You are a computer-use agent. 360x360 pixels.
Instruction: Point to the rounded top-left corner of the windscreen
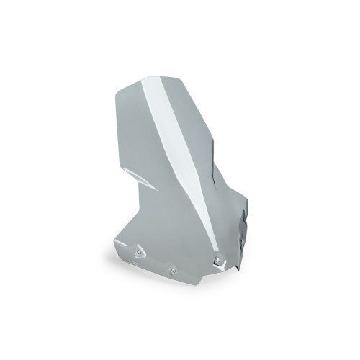click(121, 88)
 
